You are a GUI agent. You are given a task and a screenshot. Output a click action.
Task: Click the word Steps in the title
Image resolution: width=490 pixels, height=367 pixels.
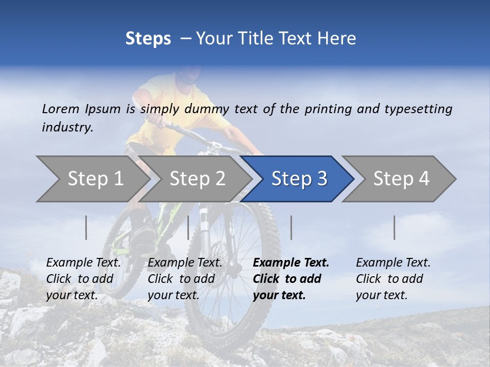148,39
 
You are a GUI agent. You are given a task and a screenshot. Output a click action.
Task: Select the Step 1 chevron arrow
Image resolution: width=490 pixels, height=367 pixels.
92,178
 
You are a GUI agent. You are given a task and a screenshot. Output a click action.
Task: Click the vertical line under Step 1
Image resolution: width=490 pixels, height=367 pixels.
86,227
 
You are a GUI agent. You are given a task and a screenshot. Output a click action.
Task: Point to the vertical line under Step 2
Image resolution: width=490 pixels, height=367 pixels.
188,227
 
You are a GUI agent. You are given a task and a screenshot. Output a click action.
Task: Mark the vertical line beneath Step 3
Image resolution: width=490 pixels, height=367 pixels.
291,227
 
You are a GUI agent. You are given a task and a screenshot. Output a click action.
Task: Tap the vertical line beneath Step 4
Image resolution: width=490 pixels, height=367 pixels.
395,227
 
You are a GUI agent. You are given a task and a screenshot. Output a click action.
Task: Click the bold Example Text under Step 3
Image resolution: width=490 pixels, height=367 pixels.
291,279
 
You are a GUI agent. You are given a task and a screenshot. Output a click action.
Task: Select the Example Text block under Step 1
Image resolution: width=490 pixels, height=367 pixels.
83,279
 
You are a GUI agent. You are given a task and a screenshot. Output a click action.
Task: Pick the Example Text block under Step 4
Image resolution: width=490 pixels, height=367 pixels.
393,279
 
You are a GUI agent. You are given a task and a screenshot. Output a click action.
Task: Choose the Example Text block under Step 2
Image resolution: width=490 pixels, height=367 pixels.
185,279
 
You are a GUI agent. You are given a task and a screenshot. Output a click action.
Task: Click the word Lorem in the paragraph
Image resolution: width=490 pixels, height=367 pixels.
61,109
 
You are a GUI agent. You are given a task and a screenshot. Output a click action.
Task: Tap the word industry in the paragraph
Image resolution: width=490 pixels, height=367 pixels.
67,127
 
